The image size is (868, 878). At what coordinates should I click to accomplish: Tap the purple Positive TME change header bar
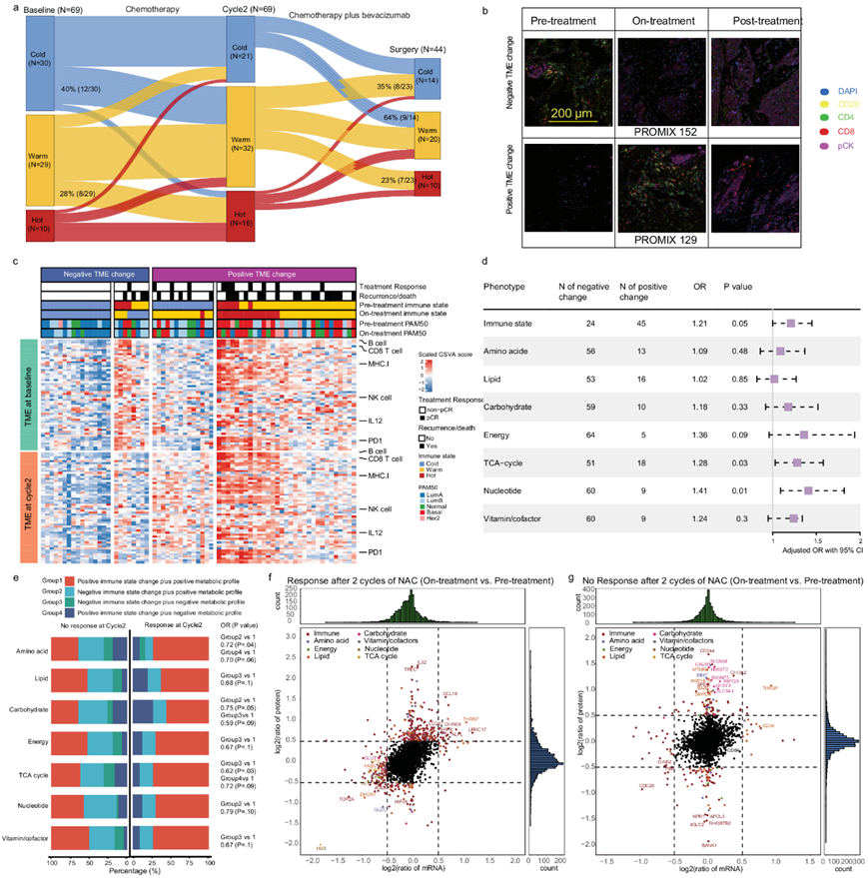tap(252, 274)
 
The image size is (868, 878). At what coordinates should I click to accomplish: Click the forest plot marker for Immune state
tap(791, 323)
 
